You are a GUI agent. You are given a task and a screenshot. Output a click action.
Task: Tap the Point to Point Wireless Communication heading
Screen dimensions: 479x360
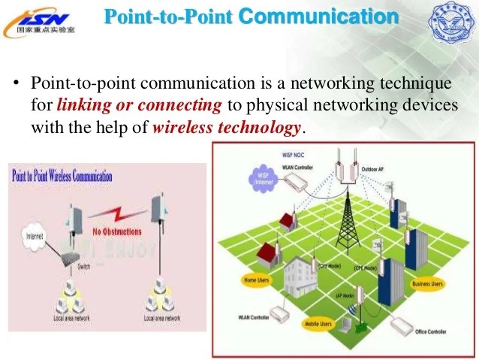[62, 177]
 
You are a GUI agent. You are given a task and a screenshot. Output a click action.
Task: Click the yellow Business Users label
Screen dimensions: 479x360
[427, 284]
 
